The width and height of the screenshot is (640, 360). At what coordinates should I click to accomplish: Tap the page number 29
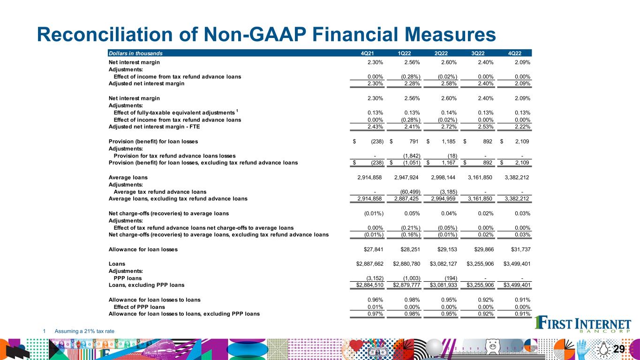[620, 349]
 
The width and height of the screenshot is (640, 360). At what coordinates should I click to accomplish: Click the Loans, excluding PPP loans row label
[146, 285]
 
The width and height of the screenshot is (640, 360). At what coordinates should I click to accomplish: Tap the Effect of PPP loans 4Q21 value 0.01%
[375, 307]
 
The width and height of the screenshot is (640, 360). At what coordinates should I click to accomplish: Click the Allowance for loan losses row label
[143, 249]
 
